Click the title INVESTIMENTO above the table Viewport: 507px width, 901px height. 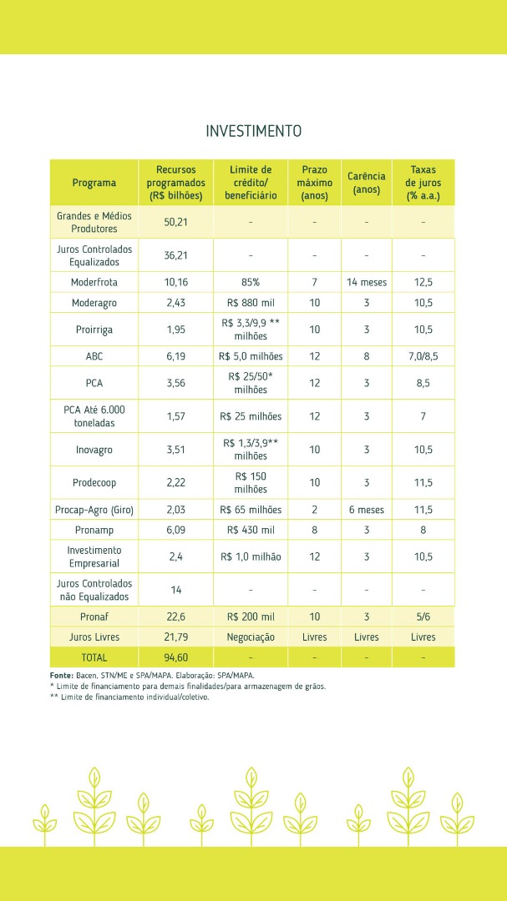[x=253, y=131]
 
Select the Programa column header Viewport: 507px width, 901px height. [x=94, y=183]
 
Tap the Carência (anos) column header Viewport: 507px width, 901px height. [x=366, y=183]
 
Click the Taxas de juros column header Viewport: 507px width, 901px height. [x=423, y=183]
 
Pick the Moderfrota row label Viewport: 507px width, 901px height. [x=94, y=282]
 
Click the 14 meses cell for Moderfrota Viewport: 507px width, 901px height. [x=366, y=282]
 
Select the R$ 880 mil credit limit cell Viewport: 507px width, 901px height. [x=251, y=302]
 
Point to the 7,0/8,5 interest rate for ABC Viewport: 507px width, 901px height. [x=423, y=356]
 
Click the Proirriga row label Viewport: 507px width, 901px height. [x=94, y=330]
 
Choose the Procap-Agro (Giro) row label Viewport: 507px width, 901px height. [x=94, y=510]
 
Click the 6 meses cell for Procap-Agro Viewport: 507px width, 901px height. [x=366, y=510]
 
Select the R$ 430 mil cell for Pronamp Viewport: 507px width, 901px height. [x=251, y=529]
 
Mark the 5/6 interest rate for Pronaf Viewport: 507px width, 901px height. [x=423, y=617]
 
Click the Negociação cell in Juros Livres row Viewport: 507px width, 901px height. [x=251, y=637]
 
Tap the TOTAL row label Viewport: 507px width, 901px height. [x=94, y=657]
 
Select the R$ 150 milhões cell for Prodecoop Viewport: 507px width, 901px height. [x=251, y=483]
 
